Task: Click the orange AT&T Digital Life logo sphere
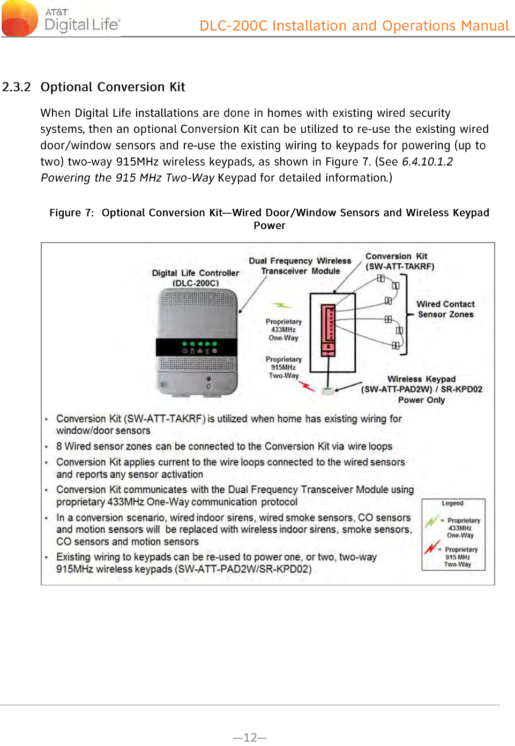tap(20, 18)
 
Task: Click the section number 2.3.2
tap(17, 87)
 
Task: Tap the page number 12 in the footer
tap(250, 737)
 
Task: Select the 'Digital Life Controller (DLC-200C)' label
tap(196, 277)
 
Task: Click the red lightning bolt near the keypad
tap(307, 385)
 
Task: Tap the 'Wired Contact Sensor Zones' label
tap(445, 309)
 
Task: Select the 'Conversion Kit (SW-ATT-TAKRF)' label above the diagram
tap(399, 261)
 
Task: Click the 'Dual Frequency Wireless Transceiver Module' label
tap(300, 266)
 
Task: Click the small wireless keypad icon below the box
tap(327, 390)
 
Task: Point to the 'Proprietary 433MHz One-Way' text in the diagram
tap(283, 329)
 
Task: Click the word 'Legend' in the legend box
tap(453, 503)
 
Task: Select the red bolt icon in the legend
tap(431, 547)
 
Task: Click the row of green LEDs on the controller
tap(199, 344)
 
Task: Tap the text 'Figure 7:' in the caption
tap(71, 213)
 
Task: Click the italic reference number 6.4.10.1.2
tap(427, 162)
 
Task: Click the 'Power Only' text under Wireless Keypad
tap(421, 400)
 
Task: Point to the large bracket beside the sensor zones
tap(405, 314)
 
